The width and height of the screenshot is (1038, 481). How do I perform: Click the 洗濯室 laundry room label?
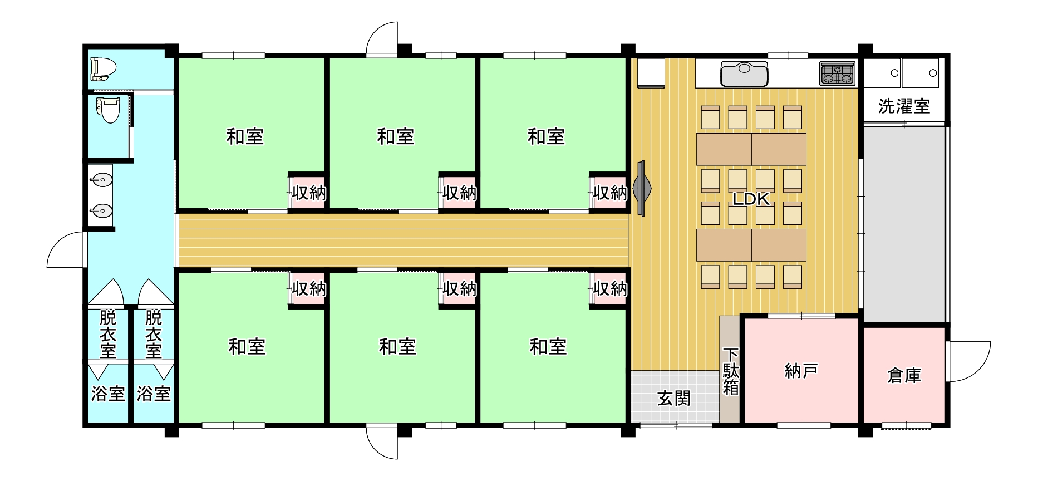904,106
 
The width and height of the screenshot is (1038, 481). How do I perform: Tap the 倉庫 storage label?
904,376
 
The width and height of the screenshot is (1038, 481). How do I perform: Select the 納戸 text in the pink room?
801,371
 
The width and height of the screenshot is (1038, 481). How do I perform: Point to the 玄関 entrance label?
674,398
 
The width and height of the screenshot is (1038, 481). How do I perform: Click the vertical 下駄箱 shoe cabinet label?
730,371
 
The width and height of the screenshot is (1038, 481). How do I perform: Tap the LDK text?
751,199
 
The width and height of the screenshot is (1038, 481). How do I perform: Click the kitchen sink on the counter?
745,73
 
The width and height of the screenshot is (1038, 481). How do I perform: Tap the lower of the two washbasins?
101,211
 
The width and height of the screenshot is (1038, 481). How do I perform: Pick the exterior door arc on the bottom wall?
382,443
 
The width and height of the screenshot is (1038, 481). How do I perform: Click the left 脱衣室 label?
108,334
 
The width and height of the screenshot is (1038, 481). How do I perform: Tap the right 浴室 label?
154,394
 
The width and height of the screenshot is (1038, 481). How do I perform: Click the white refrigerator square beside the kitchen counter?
651,73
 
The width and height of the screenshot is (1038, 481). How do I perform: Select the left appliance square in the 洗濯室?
882,73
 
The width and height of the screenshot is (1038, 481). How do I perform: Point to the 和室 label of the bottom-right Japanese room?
548,347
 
